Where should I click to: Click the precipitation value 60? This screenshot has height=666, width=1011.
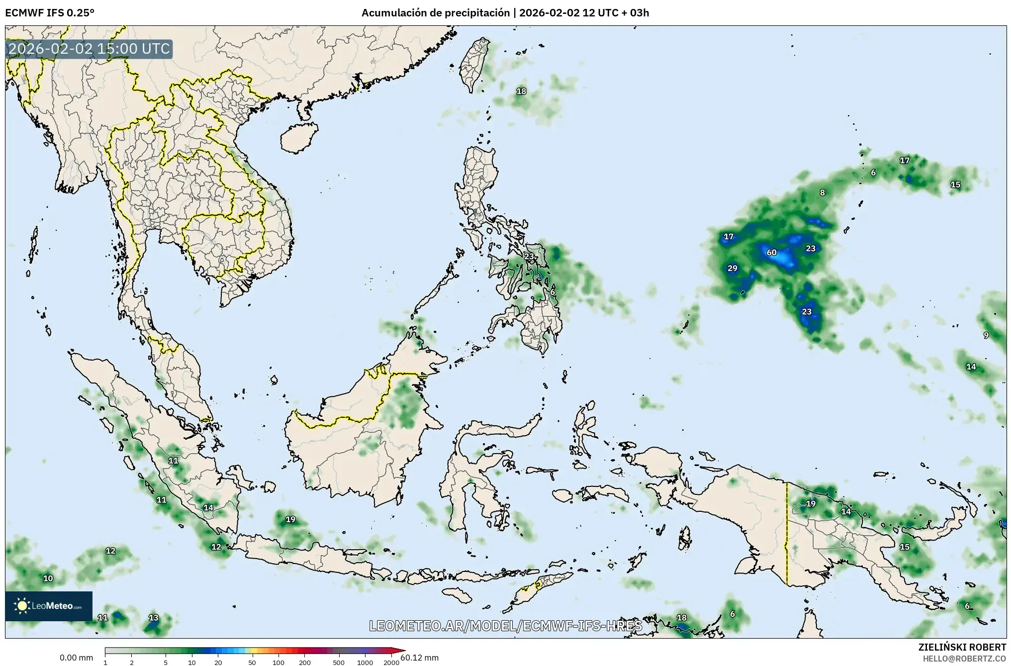pos(771,253)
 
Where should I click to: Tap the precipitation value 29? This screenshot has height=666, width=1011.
pos(733,269)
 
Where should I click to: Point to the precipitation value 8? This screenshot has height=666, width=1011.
pos(823,193)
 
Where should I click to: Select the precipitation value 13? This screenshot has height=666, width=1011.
pos(154,618)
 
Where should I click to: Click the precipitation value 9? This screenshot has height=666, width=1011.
pos(986,335)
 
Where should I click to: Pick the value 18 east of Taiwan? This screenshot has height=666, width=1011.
pos(521,92)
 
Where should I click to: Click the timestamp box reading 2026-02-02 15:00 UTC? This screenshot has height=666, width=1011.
pos(90,49)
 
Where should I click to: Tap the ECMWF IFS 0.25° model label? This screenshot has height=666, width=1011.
pos(50,12)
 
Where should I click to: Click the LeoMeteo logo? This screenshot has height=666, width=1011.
pos(49,606)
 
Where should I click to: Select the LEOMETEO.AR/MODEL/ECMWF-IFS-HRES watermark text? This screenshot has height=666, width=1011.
pos(505,626)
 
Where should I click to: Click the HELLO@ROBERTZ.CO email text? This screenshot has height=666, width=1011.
pos(964,658)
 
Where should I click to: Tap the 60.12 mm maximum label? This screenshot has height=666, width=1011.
pos(420,658)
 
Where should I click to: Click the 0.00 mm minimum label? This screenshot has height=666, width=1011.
pos(76,658)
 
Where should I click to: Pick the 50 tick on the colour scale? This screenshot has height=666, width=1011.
pos(252,663)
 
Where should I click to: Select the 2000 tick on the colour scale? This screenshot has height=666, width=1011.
pos(391,663)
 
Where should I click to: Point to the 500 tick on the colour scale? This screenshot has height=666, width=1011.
pos(339,663)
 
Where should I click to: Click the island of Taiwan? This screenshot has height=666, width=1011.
pos(474,65)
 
